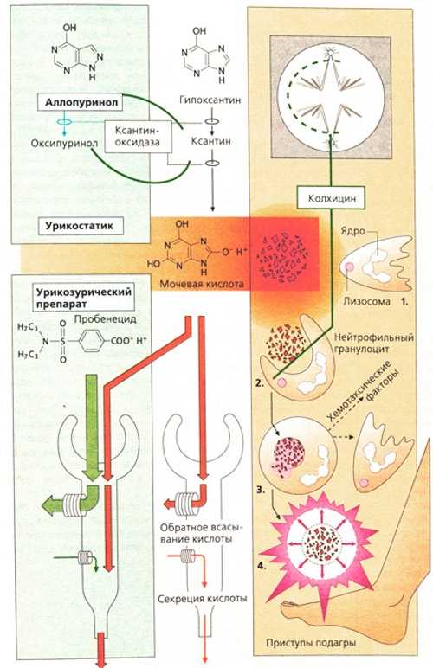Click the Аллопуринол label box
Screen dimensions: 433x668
pyautogui.click(x=81, y=102)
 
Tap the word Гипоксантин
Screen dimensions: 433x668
pyautogui.click(x=210, y=100)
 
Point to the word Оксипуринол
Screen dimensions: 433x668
pyautogui.click(x=65, y=143)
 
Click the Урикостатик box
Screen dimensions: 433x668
pyautogui.click(x=81, y=226)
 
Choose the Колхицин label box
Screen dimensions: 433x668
pyautogui.click(x=332, y=198)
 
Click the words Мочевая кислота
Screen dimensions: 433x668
pyautogui.click(x=202, y=283)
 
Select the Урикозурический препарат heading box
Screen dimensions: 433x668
pyautogui.click(x=83, y=298)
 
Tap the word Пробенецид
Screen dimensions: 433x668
pyautogui.click(x=105, y=319)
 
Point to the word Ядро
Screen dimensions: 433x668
pyautogui.click(x=352, y=231)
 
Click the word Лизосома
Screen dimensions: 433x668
pyautogui.click(x=366, y=301)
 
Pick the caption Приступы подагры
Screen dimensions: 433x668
pyautogui.click(x=311, y=642)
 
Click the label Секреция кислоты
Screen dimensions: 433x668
pyautogui.click(x=203, y=598)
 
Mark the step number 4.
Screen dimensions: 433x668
pyautogui.click(x=262, y=566)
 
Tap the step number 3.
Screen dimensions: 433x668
pyautogui.click(x=262, y=490)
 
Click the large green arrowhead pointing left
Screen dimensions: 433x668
pyautogui.click(x=50, y=504)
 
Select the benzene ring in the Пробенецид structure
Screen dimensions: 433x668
pyautogui.click(x=91, y=340)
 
